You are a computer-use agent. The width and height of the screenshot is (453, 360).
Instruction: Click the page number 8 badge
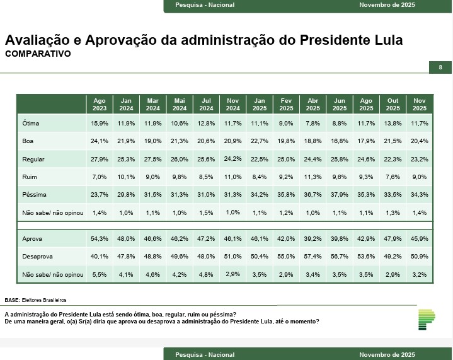(440, 67)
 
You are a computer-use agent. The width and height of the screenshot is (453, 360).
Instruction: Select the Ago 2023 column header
(100, 104)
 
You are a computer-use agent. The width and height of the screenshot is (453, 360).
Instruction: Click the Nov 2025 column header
(419, 104)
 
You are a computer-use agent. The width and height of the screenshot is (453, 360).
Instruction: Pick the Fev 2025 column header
(286, 104)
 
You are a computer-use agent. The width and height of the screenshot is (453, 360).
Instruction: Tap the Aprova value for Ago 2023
(100, 240)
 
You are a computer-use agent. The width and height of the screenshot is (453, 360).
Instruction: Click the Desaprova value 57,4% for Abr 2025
(313, 257)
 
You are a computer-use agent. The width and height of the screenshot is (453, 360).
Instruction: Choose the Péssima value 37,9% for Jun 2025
(339, 195)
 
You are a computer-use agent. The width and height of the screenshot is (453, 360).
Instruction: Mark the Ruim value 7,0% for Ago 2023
(100, 177)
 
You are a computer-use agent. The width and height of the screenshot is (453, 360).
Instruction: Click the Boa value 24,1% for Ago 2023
(100, 141)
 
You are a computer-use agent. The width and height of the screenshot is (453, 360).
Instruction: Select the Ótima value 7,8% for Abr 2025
(313, 124)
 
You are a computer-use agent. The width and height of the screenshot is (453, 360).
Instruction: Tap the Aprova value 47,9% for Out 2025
(393, 240)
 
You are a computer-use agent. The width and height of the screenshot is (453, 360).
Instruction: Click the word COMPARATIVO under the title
(38, 54)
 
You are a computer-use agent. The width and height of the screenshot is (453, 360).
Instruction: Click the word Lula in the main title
(386, 40)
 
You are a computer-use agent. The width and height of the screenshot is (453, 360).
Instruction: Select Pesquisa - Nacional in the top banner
(205, 5)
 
